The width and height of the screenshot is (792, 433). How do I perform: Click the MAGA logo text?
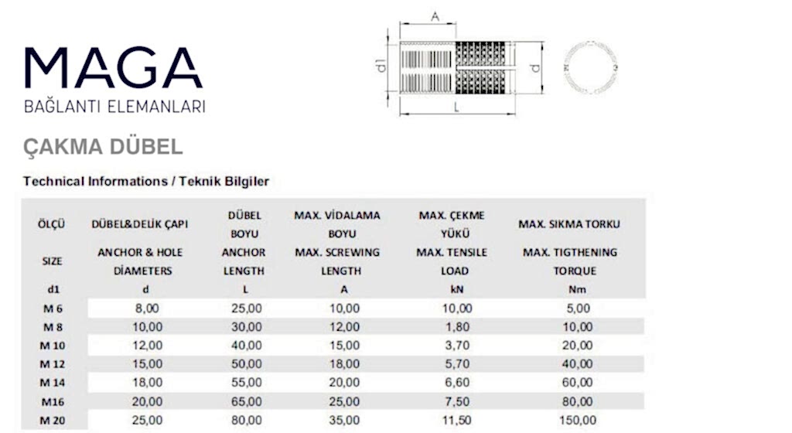(x=114, y=68)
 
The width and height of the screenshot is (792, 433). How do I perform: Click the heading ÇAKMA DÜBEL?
(x=103, y=147)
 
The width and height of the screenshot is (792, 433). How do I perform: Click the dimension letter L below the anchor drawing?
(x=457, y=108)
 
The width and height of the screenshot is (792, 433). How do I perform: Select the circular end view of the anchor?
(x=592, y=67)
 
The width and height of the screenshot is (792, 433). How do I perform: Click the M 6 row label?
(x=52, y=309)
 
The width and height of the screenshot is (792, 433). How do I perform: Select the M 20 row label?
(x=52, y=420)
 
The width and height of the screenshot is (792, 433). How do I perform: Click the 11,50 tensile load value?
(x=456, y=420)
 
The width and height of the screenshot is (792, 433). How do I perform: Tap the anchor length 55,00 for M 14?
(x=246, y=382)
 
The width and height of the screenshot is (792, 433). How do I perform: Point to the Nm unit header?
(x=569, y=290)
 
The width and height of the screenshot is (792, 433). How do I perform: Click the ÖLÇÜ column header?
(x=52, y=224)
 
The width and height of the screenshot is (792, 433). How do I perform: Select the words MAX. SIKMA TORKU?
(x=569, y=224)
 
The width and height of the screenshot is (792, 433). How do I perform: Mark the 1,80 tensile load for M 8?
(x=456, y=327)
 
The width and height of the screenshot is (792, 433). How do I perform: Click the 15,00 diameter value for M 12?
(x=147, y=363)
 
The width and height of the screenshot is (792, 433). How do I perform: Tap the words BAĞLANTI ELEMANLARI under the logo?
(x=115, y=107)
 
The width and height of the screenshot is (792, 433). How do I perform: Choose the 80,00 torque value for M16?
(x=577, y=401)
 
